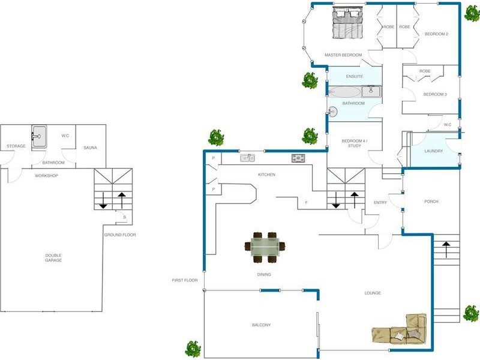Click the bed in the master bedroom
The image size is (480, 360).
pyautogui.click(x=348, y=23)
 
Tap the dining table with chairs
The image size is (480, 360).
pyautogui.click(x=265, y=247)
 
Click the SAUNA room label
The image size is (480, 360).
pyautogui.click(x=91, y=148)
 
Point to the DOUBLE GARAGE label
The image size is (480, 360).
pyautogui.click(x=53, y=258)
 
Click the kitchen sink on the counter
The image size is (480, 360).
pyautogui.click(x=248, y=158)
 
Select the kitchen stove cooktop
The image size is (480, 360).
pyautogui.click(x=298, y=158)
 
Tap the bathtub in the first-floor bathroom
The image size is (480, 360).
pyautogui.click(x=344, y=92)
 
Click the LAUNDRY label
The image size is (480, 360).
pyautogui.click(x=434, y=151)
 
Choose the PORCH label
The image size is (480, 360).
pyautogui.click(x=431, y=202)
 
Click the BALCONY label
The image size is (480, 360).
pyautogui.click(x=261, y=325)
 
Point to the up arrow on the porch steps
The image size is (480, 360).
pyautogui.click(x=446, y=249)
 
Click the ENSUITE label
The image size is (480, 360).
pyautogui.click(x=355, y=76)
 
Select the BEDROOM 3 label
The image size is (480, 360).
pyautogui.click(x=435, y=94)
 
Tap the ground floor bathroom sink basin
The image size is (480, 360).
pyautogui.click(x=39, y=137)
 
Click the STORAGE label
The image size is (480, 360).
pyautogui.click(x=16, y=146)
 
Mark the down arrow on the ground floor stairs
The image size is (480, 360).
pyautogui.click(x=103, y=200)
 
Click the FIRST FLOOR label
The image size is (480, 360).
pyautogui.click(x=185, y=280)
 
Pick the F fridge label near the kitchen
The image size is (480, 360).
pyautogui.click(x=306, y=202)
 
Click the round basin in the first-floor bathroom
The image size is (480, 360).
pyautogui.click(x=333, y=112)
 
